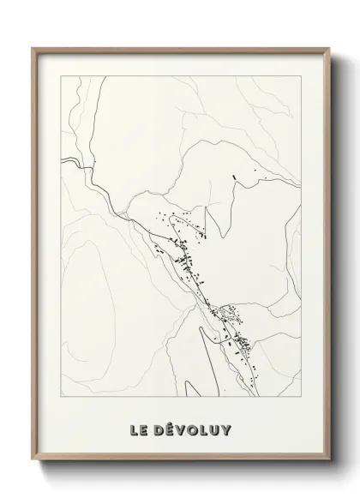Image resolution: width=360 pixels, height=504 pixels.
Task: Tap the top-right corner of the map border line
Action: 304,75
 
